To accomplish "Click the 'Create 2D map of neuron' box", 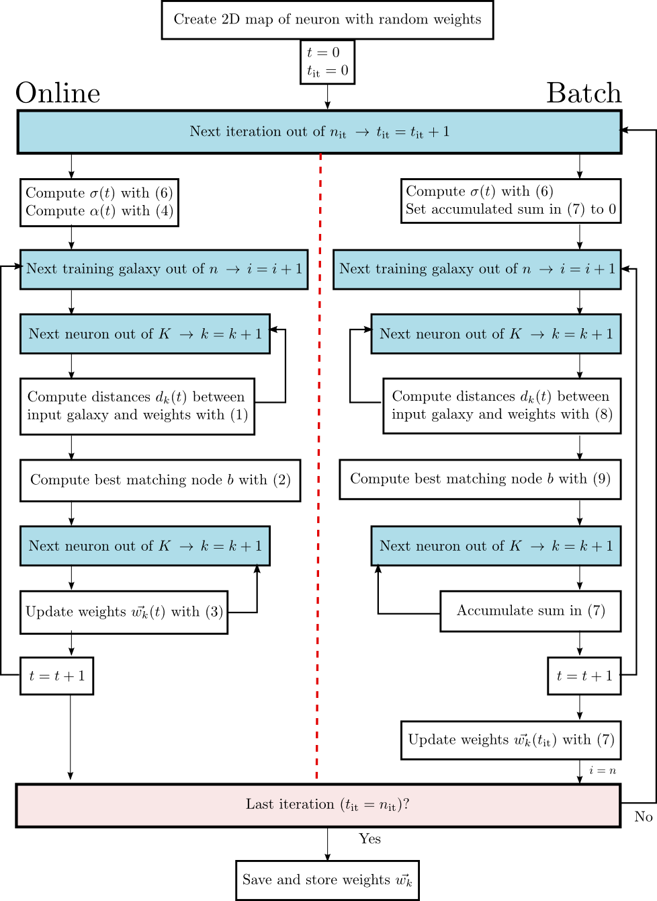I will tap(327, 19).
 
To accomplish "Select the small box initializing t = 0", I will tap(327, 62).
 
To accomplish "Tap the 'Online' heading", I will tap(58, 93).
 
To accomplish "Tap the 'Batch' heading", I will tap(584, 93).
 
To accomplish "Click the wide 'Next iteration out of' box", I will tap(319, 132).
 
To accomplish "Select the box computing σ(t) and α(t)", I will tap(99, 202).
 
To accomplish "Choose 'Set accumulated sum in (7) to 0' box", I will tap(511, 200).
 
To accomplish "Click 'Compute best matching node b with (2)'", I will tap(160, 480).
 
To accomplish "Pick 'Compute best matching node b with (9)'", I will tap(480, 479).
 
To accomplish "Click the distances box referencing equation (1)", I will tap(137, 406).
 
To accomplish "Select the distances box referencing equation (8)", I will tap(501, 405).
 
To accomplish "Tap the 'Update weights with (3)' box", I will tap(124, 612).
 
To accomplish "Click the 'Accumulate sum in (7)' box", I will tap(530, 611).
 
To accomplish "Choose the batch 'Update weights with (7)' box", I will tap(511, 740).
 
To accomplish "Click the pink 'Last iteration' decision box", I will tap(318, 805).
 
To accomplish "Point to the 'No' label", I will tap(643, 816).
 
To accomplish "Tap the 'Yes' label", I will tap(369, 838).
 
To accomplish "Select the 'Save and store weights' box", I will tap(327, 879).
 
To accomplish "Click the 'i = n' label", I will tap(603, 771).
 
